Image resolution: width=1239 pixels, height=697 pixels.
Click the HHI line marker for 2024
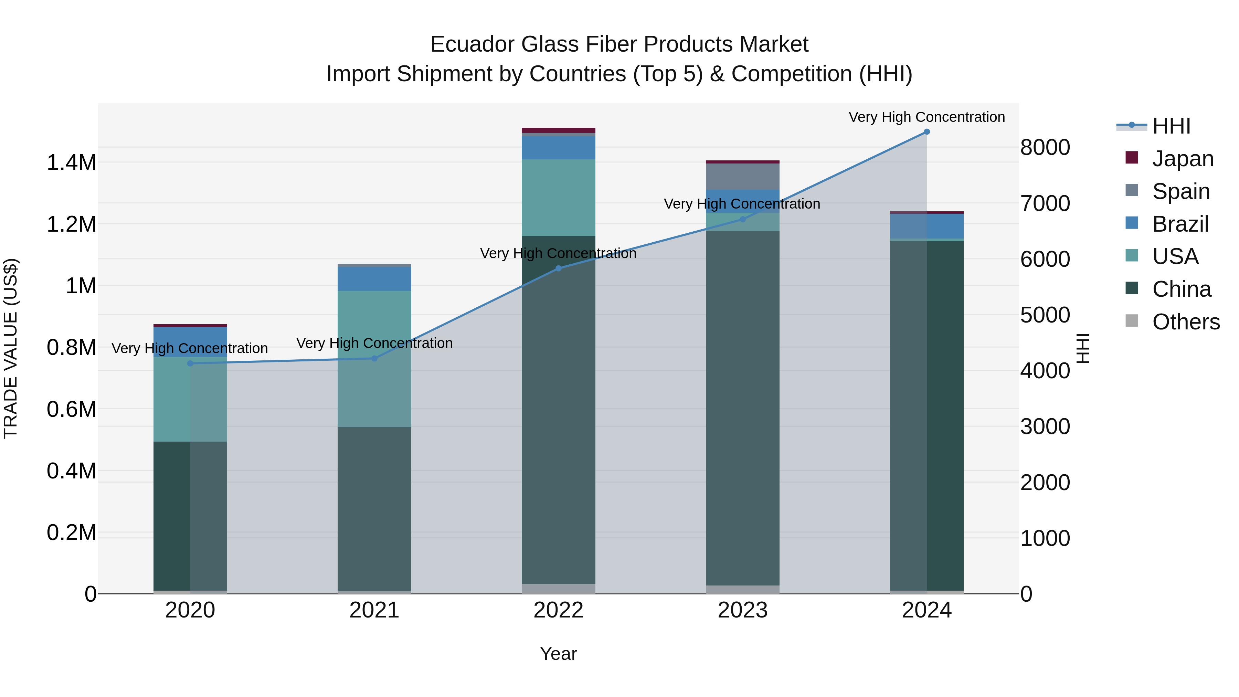click(926, 132)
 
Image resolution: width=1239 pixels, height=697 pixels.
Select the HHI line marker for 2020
click(190, 363)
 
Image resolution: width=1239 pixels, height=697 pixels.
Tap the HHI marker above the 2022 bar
click(559, 268)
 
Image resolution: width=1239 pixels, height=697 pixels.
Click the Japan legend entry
click(1182, 159)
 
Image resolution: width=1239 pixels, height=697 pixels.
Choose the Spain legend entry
click(1180, 191)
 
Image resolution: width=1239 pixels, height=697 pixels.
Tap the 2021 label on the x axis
click(374, 610)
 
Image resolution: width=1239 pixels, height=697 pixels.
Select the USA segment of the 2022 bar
click(559, 197)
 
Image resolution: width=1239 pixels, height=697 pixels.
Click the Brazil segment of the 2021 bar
click(374, 279)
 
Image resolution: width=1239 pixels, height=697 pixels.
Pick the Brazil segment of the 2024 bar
click(926, 226)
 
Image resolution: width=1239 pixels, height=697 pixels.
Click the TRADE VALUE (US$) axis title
click(11, 348)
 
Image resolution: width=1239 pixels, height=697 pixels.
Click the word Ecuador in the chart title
click(472, 45)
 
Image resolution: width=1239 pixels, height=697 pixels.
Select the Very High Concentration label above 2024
click(926, 117)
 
